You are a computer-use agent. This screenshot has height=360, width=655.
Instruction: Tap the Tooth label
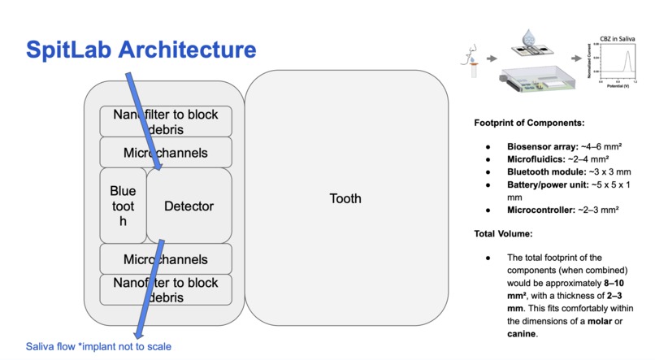point(345,199)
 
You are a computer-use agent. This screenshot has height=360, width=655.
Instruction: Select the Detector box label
point(189,206)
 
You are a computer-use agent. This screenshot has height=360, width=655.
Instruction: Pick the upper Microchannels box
point(165,153)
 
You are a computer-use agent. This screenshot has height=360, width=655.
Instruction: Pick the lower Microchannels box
point(165,260)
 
